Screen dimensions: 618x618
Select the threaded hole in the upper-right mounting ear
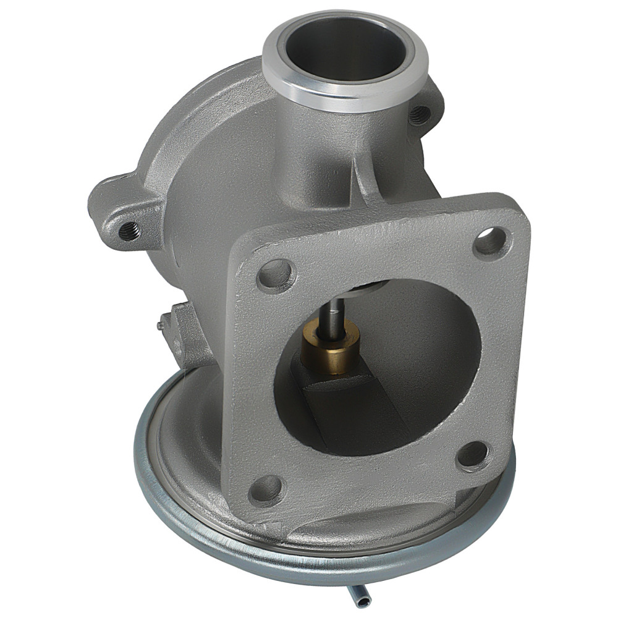click(x=420, y=113)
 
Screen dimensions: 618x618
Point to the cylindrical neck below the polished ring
click(x=321, y=154)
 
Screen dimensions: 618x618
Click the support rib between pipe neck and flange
click(x=365, y=179)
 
